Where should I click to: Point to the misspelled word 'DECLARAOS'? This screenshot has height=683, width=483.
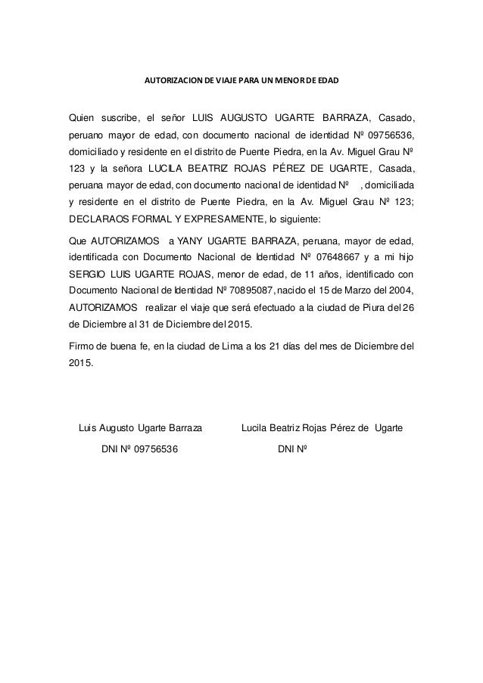pyautogui.click(x=99, y=219)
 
